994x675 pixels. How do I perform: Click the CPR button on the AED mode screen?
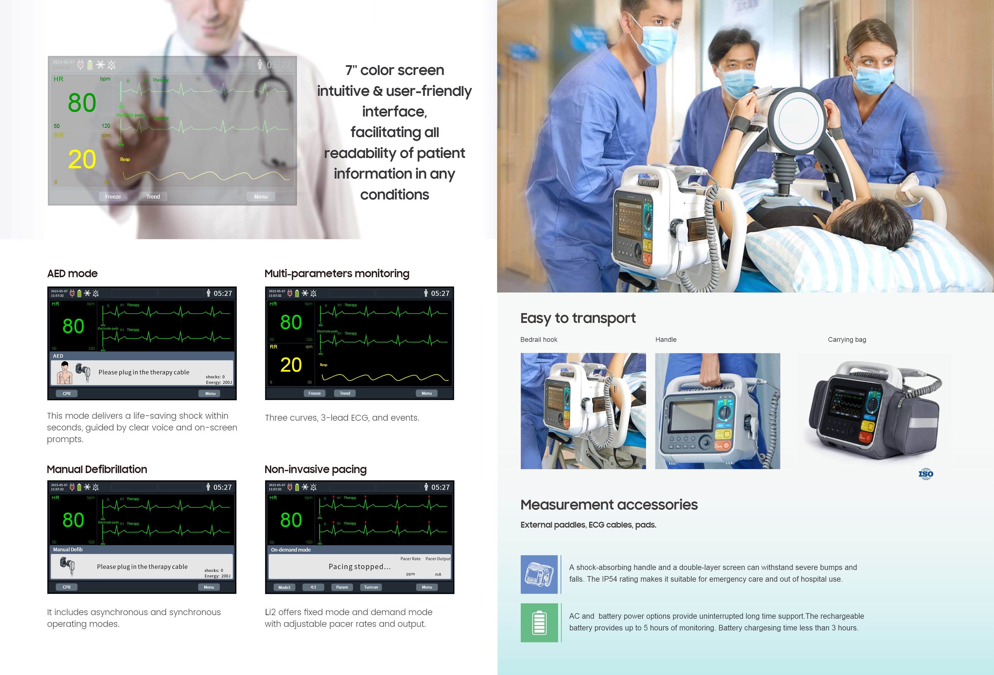coord(67,393)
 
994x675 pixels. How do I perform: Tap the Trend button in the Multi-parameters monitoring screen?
coord(345,393)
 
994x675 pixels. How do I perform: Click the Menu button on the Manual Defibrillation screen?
coord(209,587)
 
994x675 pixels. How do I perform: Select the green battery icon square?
coord(539,623)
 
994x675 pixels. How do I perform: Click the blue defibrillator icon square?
coord(539,574)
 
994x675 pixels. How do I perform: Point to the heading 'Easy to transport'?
coord(578,318)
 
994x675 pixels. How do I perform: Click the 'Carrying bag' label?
coord(847,339)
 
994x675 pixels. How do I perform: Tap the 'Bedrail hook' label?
coord(539,339)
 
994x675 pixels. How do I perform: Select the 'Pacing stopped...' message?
coord(360,567)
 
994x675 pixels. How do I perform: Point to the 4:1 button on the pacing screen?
coord(313,587)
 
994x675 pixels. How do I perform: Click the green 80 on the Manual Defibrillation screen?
coord(73,520)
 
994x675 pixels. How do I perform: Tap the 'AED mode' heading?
coord(72,274)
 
